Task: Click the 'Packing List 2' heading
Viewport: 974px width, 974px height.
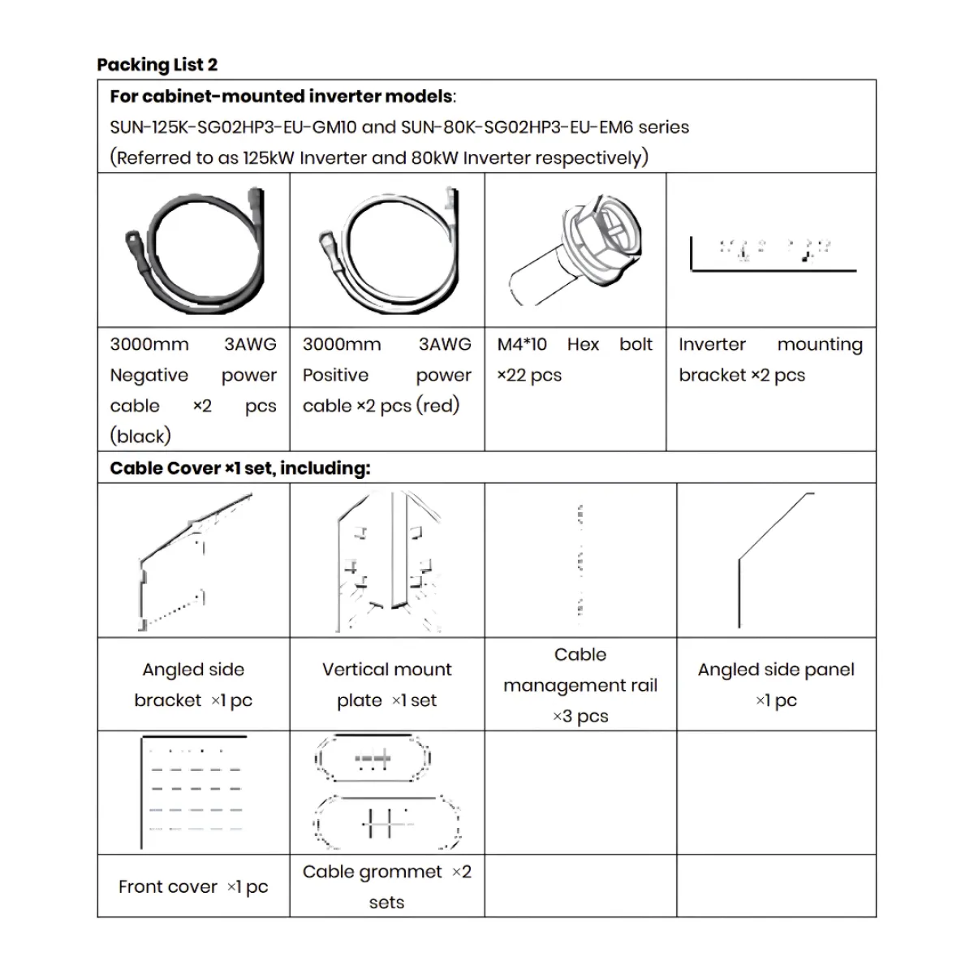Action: click(157, 65)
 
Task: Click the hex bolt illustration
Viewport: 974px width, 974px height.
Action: click(575, 249)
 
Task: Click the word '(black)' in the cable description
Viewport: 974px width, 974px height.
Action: click(140, 436)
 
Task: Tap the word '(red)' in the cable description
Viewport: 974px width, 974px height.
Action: click(437, 405)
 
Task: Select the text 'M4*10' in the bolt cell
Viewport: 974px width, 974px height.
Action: click(522, 344)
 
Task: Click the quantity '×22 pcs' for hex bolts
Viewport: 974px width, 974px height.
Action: click(529, 375)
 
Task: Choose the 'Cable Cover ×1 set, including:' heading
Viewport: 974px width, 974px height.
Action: click(240, 468)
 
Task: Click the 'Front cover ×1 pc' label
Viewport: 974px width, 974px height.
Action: click(194, 886)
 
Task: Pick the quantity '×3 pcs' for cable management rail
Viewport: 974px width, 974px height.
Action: click(580, 716)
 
